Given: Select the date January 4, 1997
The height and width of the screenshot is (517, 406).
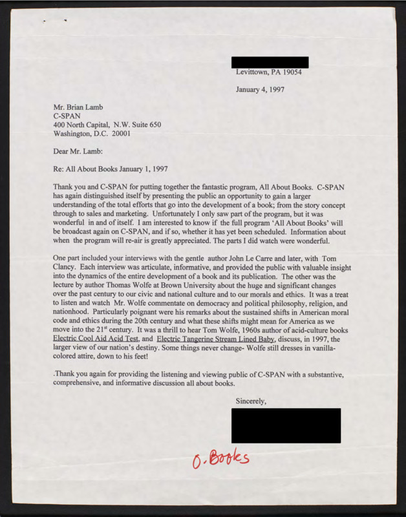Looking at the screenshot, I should [264, 89].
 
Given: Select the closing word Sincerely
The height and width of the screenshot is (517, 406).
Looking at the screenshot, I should [251, 401].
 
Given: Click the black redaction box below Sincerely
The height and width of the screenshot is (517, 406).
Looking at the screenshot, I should [286, 425].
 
